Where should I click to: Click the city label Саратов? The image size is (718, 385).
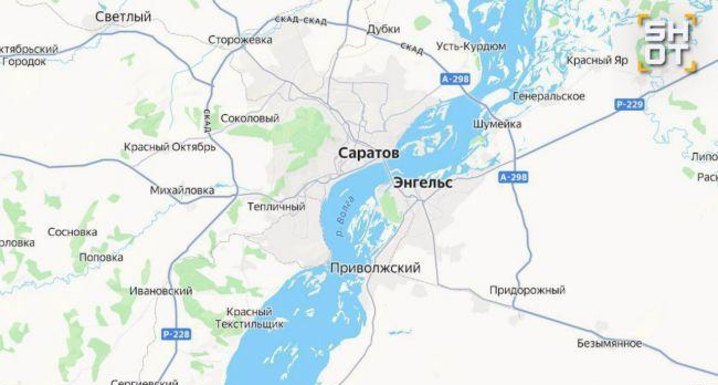[x=368, y=153]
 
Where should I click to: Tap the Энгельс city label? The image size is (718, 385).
[x=423, y=183]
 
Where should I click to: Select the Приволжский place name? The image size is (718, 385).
[x=375, y=268]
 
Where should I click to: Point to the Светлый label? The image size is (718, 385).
[x=123, y=17]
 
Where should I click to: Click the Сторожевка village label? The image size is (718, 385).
[x=240, y=40]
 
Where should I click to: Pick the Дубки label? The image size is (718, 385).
[x=383, y=29]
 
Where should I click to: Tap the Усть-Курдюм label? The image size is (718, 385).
[x=471, y=46]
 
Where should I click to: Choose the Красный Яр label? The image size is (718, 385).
[x=598, y=60]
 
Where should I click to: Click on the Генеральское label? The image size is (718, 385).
[x=548, y=96]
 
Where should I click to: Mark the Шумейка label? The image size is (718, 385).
[x=497, y=124]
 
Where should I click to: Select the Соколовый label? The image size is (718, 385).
[x=250, y=118]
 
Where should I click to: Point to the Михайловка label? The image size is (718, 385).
[x=182, y=190]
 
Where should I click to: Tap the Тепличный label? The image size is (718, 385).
[x=276, y=207]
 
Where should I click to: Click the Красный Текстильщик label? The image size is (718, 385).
[x=250, y=318]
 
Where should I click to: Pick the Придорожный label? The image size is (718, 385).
[x=527, y=290]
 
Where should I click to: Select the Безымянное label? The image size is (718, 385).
[x=609, y=344]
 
